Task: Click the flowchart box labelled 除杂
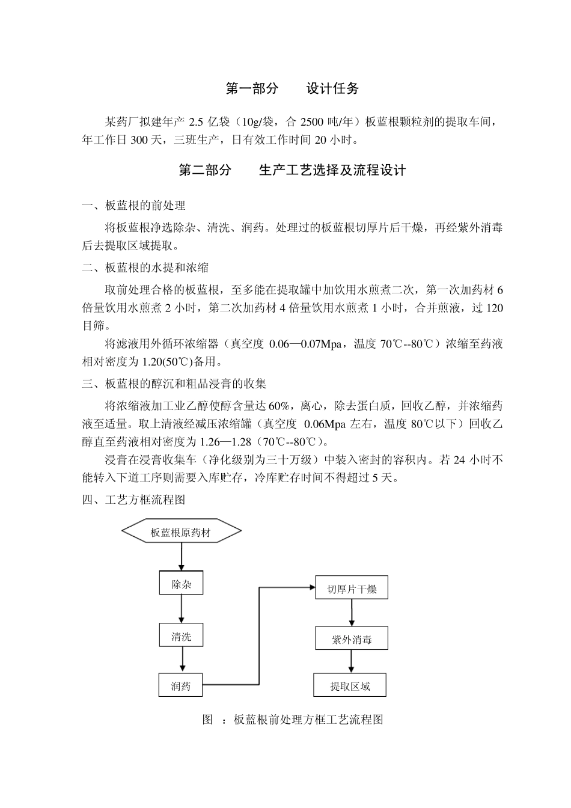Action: click(181, 584)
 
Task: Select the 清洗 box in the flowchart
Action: click(181, 636)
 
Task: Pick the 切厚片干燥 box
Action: click(352, 588)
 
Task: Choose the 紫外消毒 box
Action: click(352, 639)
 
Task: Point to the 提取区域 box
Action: click(350, 685)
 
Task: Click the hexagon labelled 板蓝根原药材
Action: click(181, 531)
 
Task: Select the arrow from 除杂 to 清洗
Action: click(181, 610)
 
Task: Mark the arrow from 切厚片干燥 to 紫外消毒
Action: click(352, 613)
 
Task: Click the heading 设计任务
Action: click(332, 89)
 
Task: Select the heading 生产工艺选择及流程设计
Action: click(332, 171)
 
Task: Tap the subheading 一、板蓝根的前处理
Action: click(133, 206)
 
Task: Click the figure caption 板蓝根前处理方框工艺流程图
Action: click(308, 720)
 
